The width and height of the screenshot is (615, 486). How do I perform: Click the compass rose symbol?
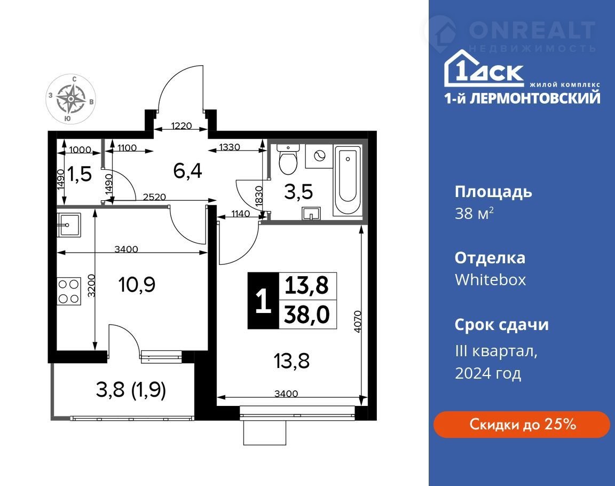coord(70,99)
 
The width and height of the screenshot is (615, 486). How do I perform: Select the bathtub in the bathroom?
coord(348,180)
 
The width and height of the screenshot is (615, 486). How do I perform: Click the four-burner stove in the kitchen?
coord(69,291)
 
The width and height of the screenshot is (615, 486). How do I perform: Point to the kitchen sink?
coord(69,225)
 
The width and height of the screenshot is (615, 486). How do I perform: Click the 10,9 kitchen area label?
coord(137,284)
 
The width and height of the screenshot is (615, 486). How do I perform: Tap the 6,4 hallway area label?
coord(187,171)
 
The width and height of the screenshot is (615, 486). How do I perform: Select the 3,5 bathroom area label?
coord(298,192)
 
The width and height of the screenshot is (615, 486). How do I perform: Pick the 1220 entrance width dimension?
coord(182,126)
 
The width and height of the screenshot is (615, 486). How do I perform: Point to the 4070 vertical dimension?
coord(357,322)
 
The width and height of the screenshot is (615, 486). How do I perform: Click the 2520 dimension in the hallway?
coord(154,197)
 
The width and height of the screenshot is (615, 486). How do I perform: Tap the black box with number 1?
coord(263,300)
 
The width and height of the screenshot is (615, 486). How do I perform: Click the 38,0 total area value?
coord(307,315)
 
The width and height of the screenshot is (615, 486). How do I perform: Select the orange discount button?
coord(521,425)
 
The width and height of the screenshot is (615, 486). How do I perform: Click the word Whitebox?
coord(490,280)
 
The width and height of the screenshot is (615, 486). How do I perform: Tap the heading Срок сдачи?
coord(502,325)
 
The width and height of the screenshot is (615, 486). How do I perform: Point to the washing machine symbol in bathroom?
coord(319,156)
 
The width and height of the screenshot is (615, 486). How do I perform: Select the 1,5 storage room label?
coord(80,174)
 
